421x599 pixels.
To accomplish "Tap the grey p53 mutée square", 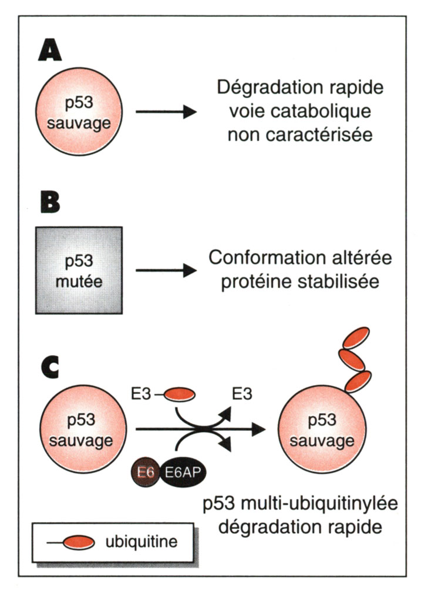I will point(79,270).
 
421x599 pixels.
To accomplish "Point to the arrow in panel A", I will point(165,111).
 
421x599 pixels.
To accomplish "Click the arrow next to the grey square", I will point(165,271).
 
